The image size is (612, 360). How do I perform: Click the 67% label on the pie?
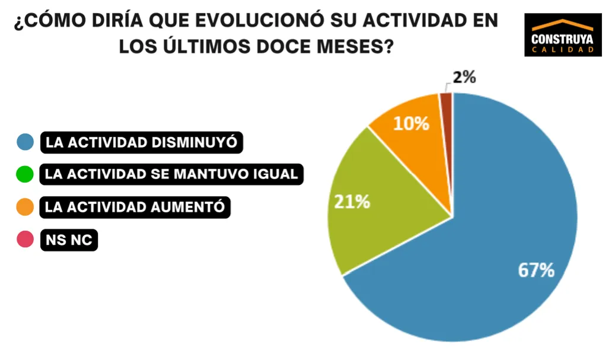pos(536,270)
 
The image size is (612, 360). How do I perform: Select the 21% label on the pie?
pos(352,202)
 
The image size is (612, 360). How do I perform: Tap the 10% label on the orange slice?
pos(412,123)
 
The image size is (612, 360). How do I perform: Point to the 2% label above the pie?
pos(464,77)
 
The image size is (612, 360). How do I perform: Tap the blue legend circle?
pos(25,142)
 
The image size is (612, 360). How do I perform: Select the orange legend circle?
pos(25,207)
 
